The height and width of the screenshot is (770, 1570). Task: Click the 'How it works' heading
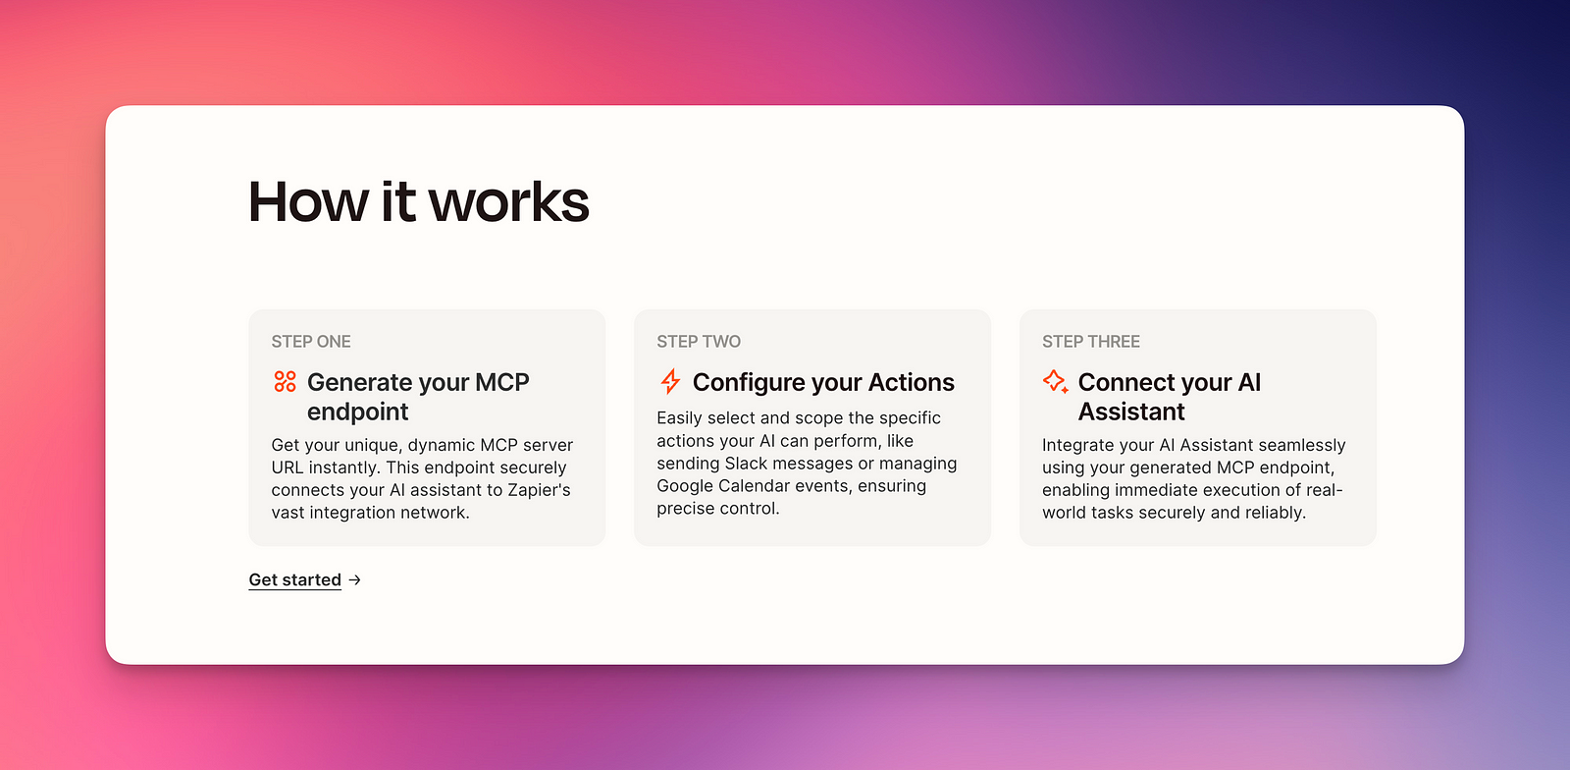coord(418,202)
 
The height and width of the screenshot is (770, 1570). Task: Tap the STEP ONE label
coord(311,342)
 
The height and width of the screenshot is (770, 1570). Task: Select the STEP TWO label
coord(699,342)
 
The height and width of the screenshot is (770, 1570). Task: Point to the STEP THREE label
coord(1091,342)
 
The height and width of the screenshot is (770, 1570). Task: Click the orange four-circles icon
coord(285,381)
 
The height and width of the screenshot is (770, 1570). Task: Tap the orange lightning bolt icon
coord(671,381)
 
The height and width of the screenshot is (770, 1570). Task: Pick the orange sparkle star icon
coord(1056,381)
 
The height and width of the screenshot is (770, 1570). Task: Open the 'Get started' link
coord(295,579)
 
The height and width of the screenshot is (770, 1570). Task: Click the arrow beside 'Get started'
coord(355,579)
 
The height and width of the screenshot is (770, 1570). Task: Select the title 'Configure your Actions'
coord(823,382)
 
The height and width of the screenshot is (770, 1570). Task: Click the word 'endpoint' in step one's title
coord(357,412)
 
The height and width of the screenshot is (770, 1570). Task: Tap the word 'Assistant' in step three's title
coord(1131,412)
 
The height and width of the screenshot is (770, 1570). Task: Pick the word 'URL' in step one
coord(288,467)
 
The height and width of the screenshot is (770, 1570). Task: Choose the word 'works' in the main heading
coord(509,202)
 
